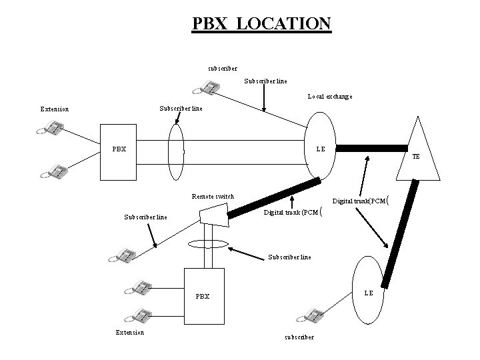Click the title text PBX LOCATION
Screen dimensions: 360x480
[x=261, y=23]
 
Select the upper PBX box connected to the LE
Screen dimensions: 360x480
[x=119, y=153]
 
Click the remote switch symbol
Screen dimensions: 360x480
[x=213, y=214]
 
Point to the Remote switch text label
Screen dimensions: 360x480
[x=213, y=197]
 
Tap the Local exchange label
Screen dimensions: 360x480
[x=329, y=97]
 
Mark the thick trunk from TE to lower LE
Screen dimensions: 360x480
[x=400, y=233]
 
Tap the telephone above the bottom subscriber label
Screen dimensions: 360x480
[x=312, y=315]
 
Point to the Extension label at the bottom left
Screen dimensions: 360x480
[x=129, y=332]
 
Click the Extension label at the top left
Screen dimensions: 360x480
[x=54, y=109]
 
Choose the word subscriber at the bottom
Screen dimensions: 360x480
[x=299, y=337]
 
